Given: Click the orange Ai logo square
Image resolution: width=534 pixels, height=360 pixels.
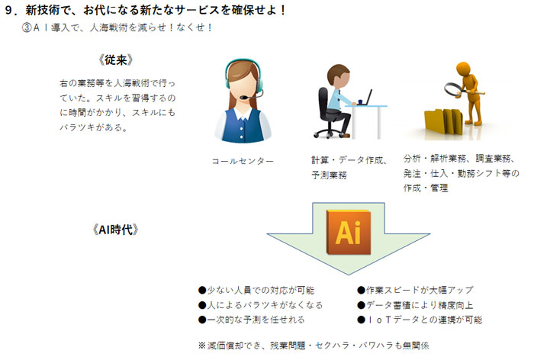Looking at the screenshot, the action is point(349,233).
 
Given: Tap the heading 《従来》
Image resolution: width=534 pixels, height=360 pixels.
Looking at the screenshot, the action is point(116,60).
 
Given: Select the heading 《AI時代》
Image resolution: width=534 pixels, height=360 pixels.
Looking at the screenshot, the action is point(115,230).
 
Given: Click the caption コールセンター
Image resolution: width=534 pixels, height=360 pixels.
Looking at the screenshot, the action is point(243,161).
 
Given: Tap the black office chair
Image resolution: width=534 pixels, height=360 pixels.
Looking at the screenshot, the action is point(327,113).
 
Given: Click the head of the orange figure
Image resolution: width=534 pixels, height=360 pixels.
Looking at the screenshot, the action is point(463,68).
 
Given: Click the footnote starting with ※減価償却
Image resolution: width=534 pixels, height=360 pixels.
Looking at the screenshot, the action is point(314,346).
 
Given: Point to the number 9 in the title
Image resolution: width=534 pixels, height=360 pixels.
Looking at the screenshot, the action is point(9,11).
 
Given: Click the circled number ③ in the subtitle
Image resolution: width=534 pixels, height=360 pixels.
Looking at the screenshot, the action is point(27,27).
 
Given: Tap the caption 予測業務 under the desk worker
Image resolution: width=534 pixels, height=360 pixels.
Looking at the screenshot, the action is point(329,175).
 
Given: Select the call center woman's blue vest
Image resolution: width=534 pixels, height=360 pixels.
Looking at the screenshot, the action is point(243,127).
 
